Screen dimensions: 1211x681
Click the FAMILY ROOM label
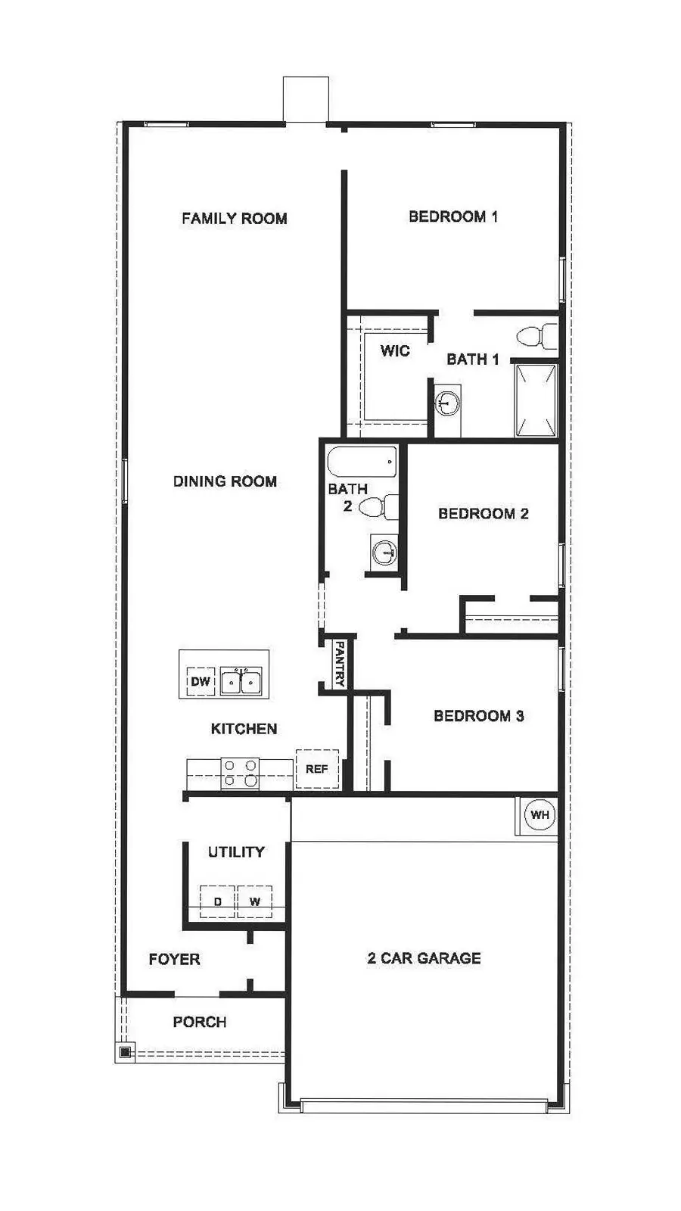(x=234, y=219)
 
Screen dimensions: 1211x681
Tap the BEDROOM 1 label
(x=453, y=217)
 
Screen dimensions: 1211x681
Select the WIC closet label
(x=394, y=350)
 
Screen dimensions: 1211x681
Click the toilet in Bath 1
(x=535, y=335)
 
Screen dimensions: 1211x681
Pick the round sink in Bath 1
(x=448, y=403)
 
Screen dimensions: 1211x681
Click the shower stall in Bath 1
(x=536, y=400)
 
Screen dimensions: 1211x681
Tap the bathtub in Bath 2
(x=362, y=461)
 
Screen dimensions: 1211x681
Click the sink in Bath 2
(x=384, y=552)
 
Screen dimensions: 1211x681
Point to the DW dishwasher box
(x=201, y=682)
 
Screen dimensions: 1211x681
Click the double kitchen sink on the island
(x=241, y=681)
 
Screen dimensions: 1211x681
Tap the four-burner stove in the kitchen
(x=240, y=773)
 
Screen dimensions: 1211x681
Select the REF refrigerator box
(x=316, y=769)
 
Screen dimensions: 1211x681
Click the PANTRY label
(x=340, y=664)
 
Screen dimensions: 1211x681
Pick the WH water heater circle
(x=540, y=815)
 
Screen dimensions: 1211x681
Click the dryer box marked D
(x=218, y=901)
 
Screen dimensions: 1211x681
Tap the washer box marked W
(x=254, y=901)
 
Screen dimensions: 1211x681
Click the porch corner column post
(x=125, y=1051)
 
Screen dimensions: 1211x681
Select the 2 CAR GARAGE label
(x=424, y=958)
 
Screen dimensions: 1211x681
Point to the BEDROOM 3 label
(x=478, y=716)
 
